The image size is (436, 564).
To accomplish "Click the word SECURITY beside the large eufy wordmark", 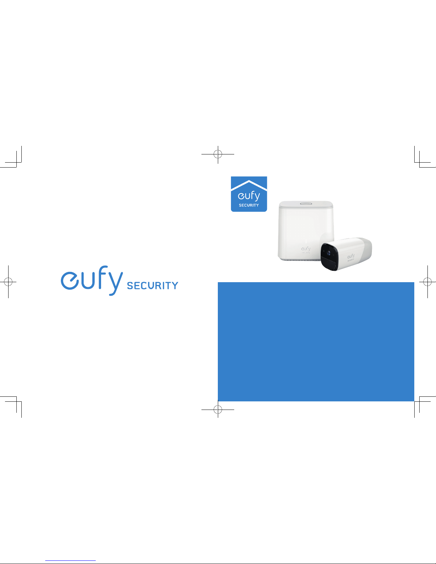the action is pos(153,285).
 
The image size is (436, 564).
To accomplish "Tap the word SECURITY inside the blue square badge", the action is pos(249,205).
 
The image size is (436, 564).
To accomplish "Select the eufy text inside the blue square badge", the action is pos(249,196).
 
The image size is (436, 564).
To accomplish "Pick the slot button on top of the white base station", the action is pos(306,204).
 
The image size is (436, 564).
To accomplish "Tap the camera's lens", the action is pos(329,253).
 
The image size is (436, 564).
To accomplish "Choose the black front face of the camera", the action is pos(329,257).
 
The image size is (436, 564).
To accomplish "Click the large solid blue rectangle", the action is pos(316,342).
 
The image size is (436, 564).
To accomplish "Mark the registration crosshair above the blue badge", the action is pos(218,154).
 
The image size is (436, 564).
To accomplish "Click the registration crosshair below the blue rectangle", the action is pos(218,410).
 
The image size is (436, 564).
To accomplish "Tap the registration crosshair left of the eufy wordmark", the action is pos(8,281).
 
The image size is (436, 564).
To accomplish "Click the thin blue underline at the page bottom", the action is pos(70,560).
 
